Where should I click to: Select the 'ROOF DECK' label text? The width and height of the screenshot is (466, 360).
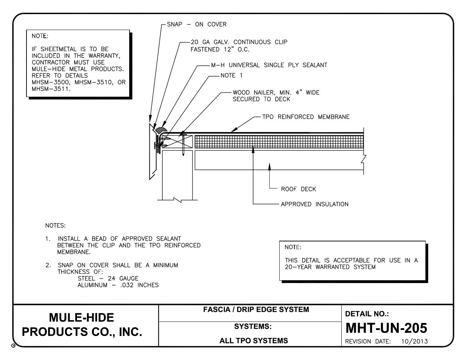point(298,189)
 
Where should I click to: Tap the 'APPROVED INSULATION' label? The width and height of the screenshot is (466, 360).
point(314,204)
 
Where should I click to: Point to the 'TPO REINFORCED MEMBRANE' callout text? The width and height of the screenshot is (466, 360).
point(306,117)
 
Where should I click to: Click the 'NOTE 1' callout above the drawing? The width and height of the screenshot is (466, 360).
point(231,76)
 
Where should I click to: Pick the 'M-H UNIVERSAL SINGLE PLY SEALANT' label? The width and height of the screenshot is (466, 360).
point(267,65)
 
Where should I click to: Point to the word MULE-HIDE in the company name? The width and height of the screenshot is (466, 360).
point(81,317)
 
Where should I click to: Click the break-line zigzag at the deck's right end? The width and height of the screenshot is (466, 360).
point(363,160)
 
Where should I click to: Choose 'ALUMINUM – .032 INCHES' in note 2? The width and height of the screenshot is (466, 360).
point(118,285)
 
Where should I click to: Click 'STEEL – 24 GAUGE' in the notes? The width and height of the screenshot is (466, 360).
point(108,278)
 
